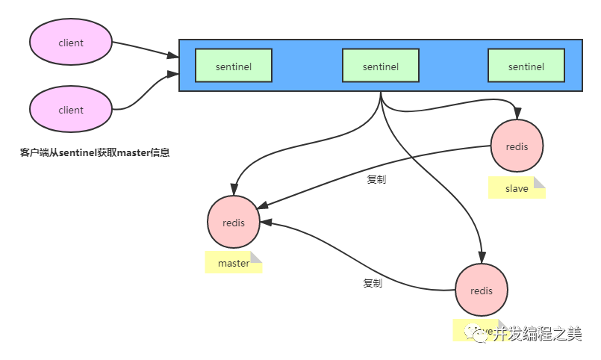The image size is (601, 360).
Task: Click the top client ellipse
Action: (71, 43)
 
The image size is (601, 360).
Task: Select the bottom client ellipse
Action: (71, 110)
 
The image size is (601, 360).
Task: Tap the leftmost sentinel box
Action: (234, 66)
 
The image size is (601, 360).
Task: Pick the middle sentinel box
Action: (380, 66)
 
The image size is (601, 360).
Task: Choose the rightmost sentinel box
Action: (526, 66)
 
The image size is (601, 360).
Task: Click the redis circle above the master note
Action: (234, 223)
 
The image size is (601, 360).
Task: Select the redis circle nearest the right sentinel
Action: (517, 146)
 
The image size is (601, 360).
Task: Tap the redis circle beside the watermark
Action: (482, 291)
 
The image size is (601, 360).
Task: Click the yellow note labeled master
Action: (234, 263)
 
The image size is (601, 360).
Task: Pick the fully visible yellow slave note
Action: (517, 188)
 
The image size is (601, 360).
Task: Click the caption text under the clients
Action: (95, 153)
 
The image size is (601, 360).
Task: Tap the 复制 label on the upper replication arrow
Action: (376, 179)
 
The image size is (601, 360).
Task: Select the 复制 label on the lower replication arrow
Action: (373, 283)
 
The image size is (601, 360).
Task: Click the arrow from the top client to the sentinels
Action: (146, 49)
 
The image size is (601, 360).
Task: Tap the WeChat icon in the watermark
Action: (478, 333)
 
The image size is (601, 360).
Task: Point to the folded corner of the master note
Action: (256, 257)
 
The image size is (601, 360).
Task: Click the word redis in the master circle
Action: (234, 223)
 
